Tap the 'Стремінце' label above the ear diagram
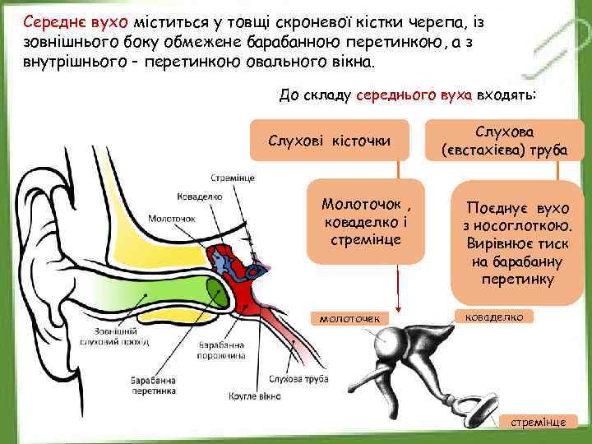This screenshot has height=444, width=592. coord(233,178)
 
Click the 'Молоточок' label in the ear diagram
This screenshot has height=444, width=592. coord(171,219)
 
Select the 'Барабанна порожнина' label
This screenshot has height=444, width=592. coord(221,351)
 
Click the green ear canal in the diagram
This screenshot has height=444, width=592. coord(164,292)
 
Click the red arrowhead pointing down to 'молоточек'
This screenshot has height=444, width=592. coord(397,307)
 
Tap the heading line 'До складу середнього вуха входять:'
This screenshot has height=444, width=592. coord(407,95)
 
